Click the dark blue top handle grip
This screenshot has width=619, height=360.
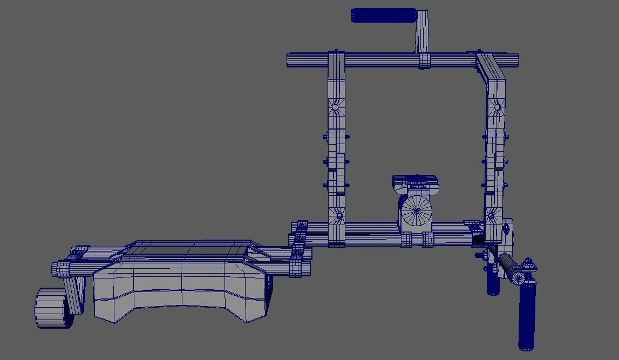point(383,15)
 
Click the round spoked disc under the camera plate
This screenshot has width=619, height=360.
point(417,210)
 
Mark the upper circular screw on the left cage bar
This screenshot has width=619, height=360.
point(335,107)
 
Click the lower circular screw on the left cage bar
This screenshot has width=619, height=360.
point(339,216)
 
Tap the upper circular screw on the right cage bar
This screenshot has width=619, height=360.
point(496,108)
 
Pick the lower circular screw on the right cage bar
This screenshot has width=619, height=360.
point(491,217)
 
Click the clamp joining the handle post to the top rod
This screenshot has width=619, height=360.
point(424,60)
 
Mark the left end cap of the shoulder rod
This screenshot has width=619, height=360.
point(55,268)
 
